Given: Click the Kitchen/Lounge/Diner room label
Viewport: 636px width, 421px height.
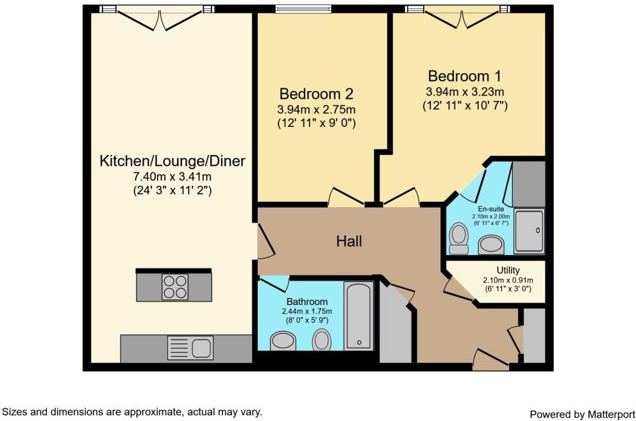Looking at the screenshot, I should (172, 161).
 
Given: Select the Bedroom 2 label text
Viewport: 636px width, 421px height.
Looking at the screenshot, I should (316, 94).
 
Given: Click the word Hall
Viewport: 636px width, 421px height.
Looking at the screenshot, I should (349, 242).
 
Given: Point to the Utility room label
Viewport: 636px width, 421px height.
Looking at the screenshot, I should (508, 270).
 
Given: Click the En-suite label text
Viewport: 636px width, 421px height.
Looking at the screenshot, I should (491, 209).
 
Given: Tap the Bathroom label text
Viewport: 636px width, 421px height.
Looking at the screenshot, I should (307, 301).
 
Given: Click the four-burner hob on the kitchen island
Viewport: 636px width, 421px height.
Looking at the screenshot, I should (174, 286).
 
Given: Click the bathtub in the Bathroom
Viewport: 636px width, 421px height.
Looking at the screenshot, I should (358, 316).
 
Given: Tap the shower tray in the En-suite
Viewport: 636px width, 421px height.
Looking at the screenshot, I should (530, 231).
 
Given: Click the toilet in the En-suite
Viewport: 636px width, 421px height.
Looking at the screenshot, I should (458, 237).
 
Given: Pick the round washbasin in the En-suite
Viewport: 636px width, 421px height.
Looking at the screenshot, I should (492, 244).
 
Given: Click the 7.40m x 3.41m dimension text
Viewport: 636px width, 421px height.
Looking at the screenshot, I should (172, 176).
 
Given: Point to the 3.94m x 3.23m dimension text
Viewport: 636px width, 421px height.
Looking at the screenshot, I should (465, 92).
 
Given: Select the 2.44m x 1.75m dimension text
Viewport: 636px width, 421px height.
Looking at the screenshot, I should (307, 311).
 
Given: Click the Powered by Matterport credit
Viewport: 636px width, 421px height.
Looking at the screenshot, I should (582, 414).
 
